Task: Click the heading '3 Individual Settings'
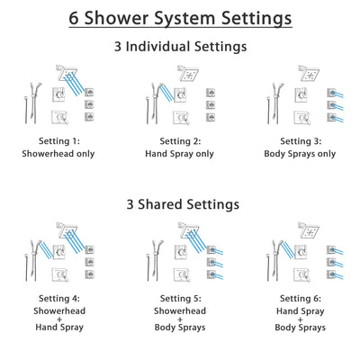[x=180, y=46]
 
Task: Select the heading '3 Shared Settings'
[x=180, y=204]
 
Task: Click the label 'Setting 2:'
[x=180, y=140]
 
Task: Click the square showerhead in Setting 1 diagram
[x=67, y=72]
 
